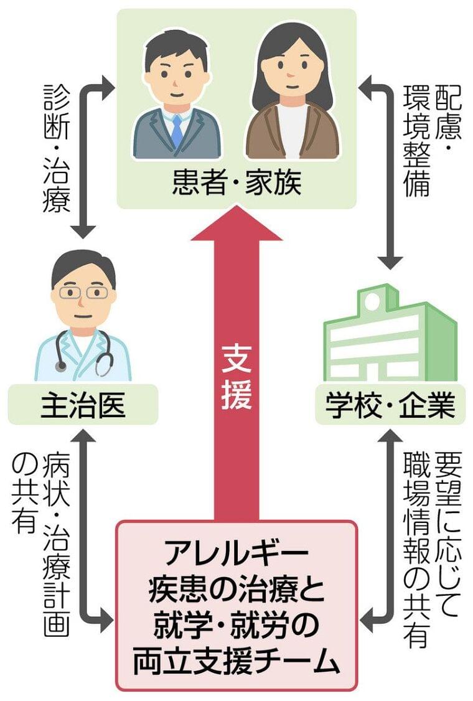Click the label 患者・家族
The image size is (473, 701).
(x=236, y=184)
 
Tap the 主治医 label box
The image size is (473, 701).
(x=83, y=405)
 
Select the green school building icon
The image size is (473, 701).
(x=389, y=336)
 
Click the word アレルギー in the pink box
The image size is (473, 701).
(x=236, y=552)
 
